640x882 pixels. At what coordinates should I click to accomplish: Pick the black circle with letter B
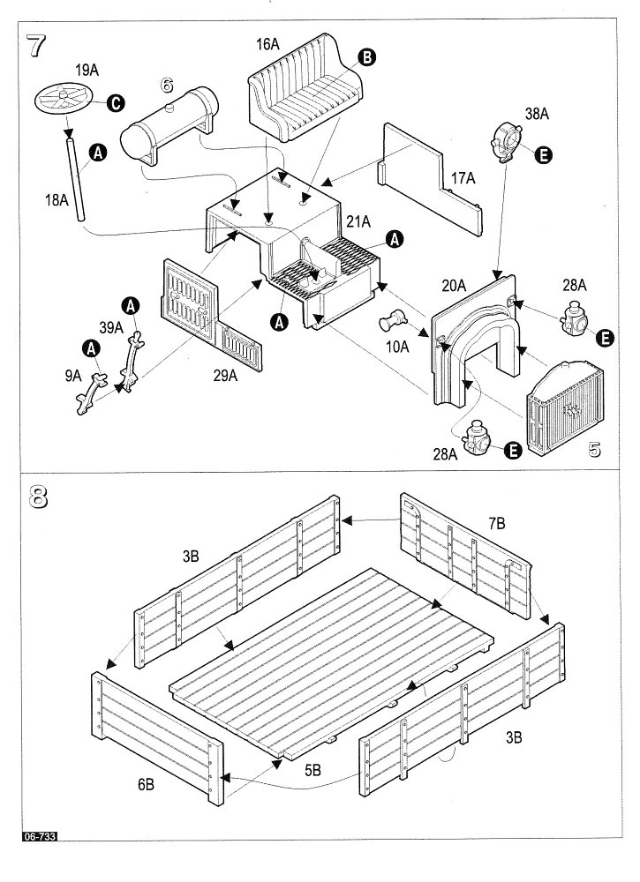tap(366, 57)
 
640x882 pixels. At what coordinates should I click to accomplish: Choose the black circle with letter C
tap(115, 104)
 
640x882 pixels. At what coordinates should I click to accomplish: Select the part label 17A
tap(463, 179)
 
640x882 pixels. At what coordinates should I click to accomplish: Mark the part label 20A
tap(454, 285)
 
